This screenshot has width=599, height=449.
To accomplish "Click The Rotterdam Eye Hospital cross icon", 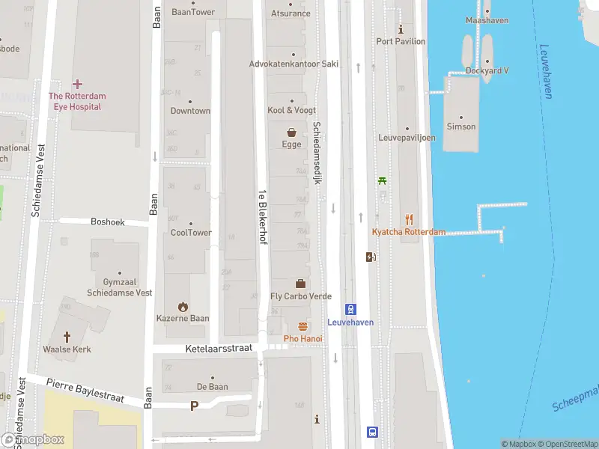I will (x=77, y=84).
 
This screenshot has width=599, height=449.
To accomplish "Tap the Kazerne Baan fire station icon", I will (x=183, y=306).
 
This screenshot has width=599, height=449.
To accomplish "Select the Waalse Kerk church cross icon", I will (x=67, y=337).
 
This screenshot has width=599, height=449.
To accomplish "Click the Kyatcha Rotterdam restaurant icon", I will (x=409, y=219).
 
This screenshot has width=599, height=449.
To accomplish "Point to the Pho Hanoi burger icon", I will (x=302, y=326).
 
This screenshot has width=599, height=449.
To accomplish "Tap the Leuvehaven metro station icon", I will (x=350, y=309).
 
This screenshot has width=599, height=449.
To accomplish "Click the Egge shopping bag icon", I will (x=291, y=132).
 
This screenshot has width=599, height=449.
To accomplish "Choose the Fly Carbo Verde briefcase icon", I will (x=300, y=284).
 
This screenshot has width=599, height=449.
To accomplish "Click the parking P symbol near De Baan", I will (x=195, y=406).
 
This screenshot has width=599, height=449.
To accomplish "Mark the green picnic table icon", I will (x=383, y=180).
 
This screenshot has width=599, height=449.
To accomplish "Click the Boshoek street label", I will (x=107, y=222).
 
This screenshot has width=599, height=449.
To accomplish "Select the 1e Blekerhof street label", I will (x=262, y=216).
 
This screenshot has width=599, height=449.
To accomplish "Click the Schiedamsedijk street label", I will (x=317, y=153).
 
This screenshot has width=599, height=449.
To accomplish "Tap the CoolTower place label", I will (x=191, y=233).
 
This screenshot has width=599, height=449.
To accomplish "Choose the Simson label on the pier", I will (x=460, y=126).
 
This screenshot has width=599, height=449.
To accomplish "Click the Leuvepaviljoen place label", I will (x=407, y=138).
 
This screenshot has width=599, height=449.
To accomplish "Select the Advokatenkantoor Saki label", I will (x=294, y=64).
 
